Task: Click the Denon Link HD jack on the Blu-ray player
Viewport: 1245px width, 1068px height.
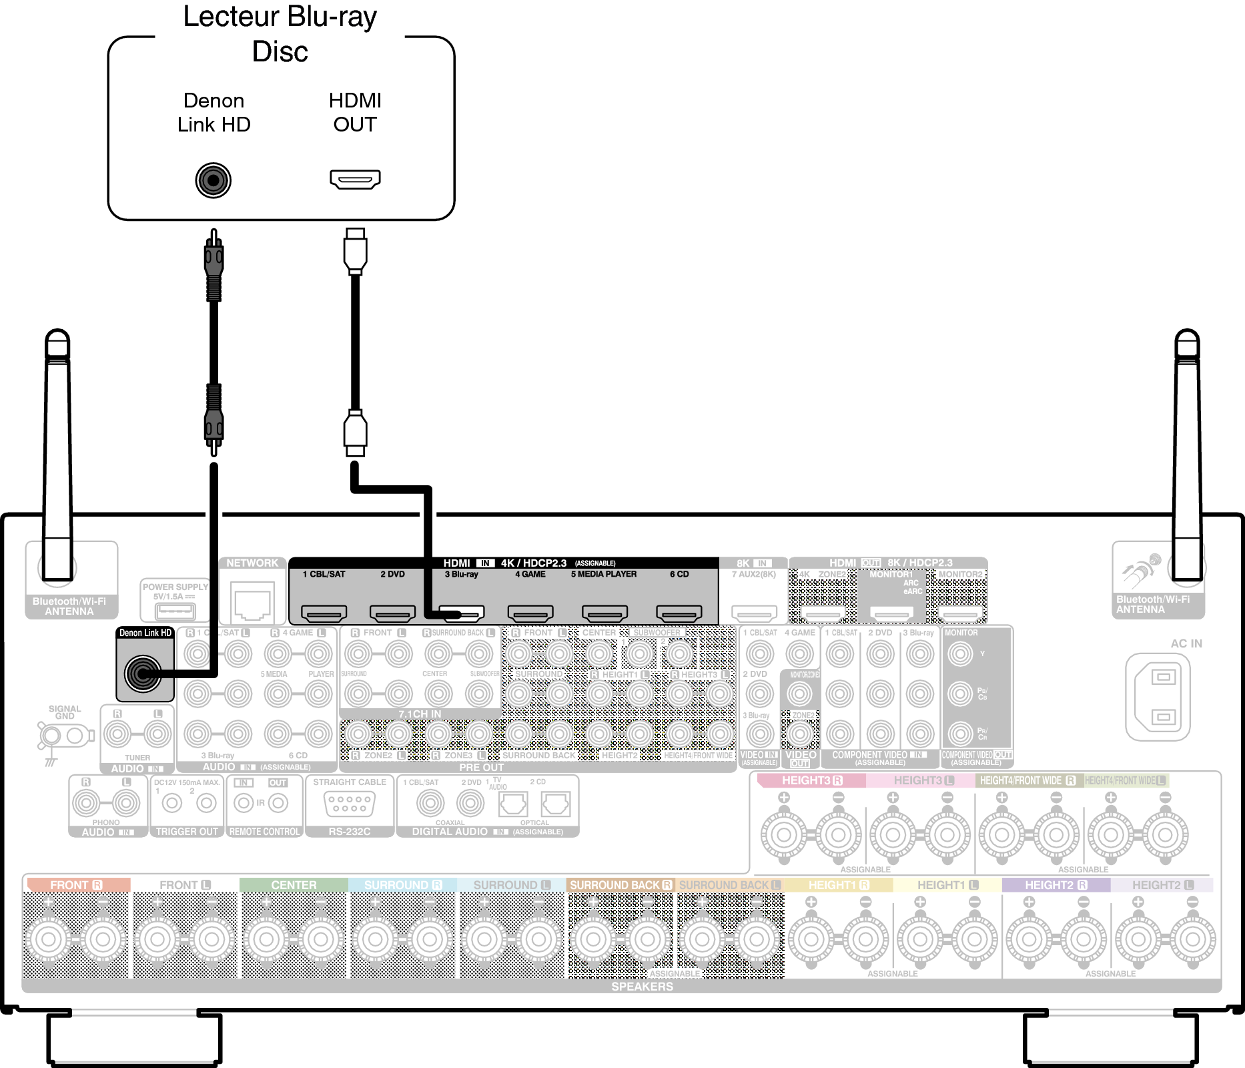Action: [x=214, y=180]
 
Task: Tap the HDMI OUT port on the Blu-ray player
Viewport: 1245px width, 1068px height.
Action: [x=355, y=179]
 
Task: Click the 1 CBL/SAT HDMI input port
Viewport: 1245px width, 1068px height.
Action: [x=324, y=612]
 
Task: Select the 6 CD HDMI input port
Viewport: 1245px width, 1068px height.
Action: [x=679, y=612]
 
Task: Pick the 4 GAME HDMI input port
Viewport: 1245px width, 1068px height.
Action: [x=530, y=612]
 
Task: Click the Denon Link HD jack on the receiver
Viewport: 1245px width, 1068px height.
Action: [x=143, y=673]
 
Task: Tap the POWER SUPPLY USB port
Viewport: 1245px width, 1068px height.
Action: [x=175, y=611]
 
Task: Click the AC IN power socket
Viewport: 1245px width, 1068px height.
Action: [x=1163, y=697]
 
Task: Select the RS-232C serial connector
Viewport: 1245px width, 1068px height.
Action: [x=349, y=804]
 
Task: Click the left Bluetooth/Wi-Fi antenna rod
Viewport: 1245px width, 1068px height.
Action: [x=58, y=454]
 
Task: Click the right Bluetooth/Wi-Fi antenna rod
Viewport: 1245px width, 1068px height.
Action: [x=1187, y=454]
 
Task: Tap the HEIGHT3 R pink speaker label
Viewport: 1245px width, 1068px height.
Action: [x=811, y=780]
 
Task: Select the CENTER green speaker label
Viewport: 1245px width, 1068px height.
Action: [x=294, y=885]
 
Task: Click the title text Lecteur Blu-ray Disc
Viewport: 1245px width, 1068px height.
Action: [x=280, y=33]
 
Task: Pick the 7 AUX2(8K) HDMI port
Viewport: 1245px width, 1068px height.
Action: [x=754, y=612]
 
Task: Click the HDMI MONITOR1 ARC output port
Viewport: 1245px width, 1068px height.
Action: [x=891, y=613]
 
